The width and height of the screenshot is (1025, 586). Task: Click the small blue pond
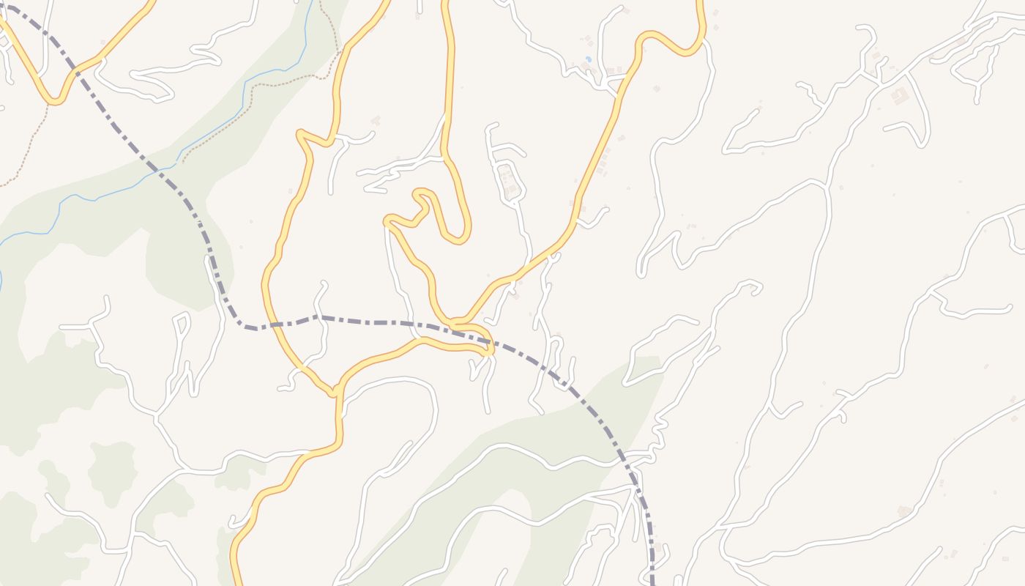pos(588,59)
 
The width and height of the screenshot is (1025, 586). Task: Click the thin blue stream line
pos(220,132)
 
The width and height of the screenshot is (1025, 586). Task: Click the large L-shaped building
pos(899,95)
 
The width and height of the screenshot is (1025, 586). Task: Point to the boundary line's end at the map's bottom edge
pos(652,582)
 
